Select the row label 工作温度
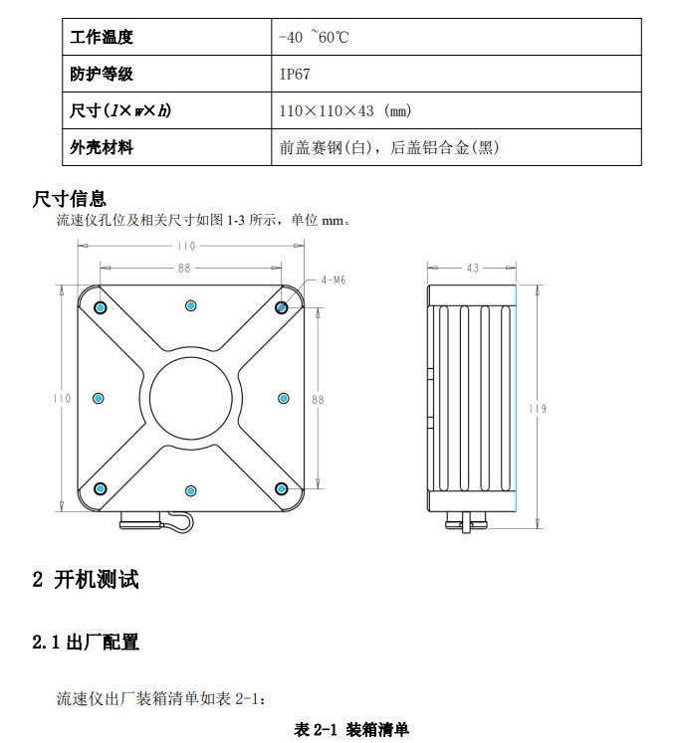102,38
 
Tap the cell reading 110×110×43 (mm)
345,110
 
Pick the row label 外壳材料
102,147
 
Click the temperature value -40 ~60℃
315,38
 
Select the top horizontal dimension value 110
186,247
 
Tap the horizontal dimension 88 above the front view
185,268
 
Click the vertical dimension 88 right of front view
319,399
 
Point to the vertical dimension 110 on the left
63,398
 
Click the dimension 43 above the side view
472,268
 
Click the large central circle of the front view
191,397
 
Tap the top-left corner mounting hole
100,306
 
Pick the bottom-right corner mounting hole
282,488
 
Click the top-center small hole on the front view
191,304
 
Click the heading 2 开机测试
86,580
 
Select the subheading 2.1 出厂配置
86,643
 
